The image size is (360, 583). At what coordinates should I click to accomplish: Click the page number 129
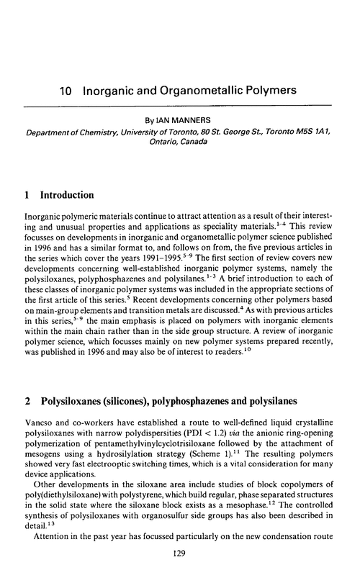[179, 571]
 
